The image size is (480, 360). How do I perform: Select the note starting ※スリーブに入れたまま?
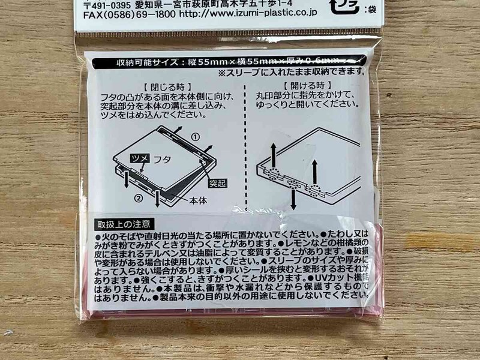290,73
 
